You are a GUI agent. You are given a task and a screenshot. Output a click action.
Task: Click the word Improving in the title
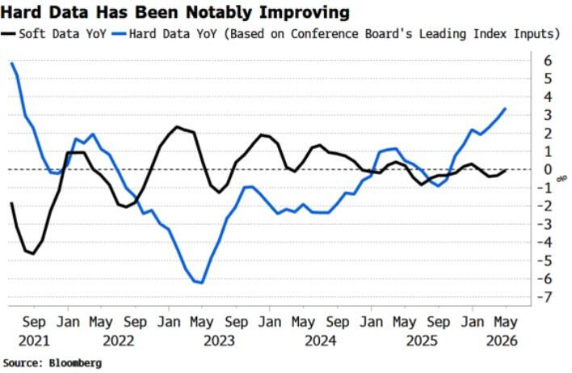(x=305, y=13)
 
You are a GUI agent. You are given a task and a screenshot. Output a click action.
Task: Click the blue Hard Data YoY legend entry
(x=335, y=34)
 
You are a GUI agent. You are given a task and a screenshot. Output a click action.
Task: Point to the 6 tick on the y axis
(x=547, y=61)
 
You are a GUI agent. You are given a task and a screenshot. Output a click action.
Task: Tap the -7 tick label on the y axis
(x=545, y=297)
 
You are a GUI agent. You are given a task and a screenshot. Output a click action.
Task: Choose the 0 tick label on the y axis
(x=548, y=170)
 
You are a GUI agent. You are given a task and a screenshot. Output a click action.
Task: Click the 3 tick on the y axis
(x=548, y=115)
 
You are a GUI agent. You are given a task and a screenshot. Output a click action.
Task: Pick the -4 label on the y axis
(x=545, y=242)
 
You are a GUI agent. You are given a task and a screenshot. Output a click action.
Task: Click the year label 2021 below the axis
(x=34, y=341)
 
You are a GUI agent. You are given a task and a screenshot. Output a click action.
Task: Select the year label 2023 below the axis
(x=219, y=341)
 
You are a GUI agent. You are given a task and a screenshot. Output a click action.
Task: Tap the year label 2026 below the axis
(x=502, y=341)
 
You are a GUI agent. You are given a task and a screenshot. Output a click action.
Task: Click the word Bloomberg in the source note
(x=75, y=363)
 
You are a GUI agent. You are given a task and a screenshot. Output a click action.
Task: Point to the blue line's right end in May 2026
(x=505, y=108)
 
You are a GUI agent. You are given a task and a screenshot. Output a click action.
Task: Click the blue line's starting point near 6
(x=11, y=63)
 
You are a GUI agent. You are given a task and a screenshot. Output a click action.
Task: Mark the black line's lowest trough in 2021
(x=34, y=253)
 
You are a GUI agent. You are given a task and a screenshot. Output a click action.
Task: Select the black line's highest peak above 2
(x=177, y=127)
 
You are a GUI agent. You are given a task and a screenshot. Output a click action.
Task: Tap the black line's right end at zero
(x=506, y=170)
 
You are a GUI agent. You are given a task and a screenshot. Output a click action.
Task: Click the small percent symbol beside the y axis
(x=561, y=179)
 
